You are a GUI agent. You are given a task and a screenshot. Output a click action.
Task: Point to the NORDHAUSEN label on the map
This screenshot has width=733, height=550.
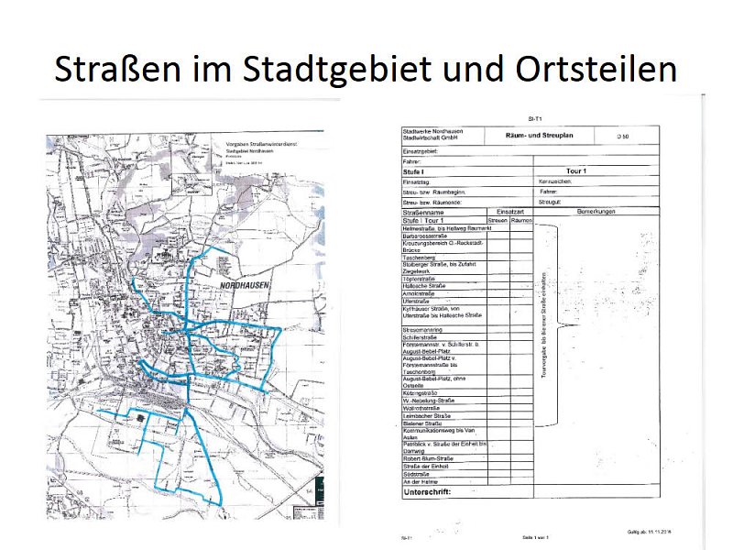(250, 286)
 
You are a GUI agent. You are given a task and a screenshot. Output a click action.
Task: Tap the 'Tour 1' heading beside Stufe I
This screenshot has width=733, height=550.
(577, 171)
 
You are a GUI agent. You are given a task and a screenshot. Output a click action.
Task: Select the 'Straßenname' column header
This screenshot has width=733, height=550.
(423, 212)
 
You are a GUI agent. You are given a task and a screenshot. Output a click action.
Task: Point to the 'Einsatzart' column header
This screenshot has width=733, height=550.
(509, 212)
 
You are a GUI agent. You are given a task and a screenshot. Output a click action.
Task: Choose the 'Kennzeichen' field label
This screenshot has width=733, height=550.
(556, 181)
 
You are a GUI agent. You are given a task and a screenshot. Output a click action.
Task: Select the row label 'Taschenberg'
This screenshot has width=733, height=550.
(421, 258)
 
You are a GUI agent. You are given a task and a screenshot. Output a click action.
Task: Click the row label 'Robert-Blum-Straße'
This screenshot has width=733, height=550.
(430, 458)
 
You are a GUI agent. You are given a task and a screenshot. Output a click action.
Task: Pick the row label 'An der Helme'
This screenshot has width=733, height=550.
(421, 481)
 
